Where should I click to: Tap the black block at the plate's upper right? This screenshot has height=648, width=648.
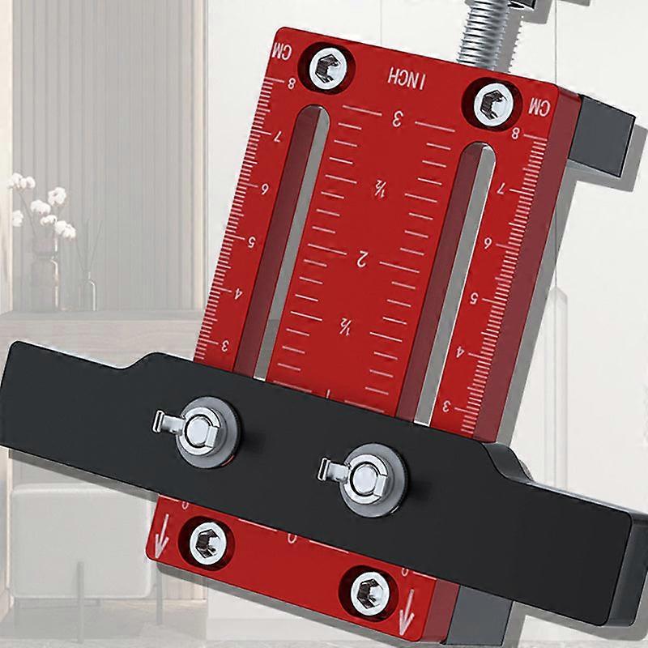(x=603, y=134)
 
